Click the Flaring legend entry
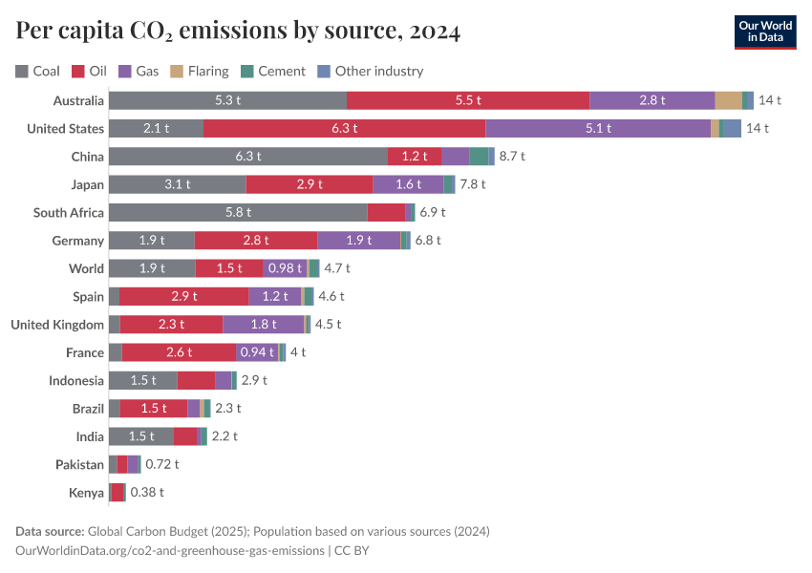click(x=200, y=71)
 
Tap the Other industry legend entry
click(x=370, y=71)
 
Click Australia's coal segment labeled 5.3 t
click(x=227, y=100)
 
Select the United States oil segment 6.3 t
click(x=344, y=128)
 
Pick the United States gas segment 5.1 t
click(x=598, y=128)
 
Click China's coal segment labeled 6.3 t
click(x=248, y=157)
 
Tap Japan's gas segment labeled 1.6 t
click(x=408, y=184)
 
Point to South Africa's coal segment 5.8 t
click(x=238, y=212)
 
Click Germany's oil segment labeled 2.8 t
click(x=255, y=241)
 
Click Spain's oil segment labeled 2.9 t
click(x=183, y=296)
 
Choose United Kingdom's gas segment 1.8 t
click(x=264, y=325)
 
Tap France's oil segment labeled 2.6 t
click(x=179, y=352)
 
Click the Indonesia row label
click(x=76, y=381)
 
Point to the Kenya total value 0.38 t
click(x=147, y=493)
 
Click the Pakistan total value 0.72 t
click(x=161, y=465)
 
